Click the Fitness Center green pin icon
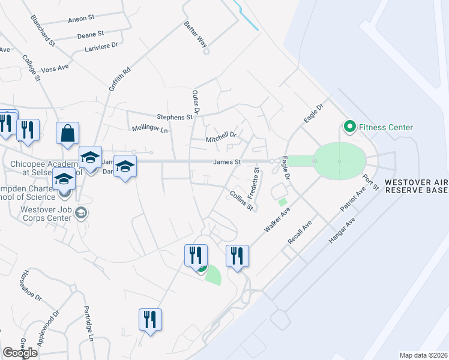[348, 127]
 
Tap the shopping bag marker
[68, 134]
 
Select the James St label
[226, 162]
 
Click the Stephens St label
[174, 117]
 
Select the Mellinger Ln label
[149, 129]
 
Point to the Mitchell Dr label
[221, 139]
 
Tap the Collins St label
[241, 200]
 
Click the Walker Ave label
[277, 221]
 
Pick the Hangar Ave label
[342, 230]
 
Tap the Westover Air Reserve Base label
[416, 186]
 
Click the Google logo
[20, 352]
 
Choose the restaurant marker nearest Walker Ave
[237, 256]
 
